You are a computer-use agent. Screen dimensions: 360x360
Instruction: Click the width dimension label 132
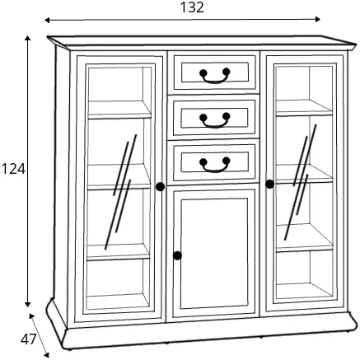click(192, 7)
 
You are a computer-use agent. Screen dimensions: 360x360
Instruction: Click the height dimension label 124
click(13, 169)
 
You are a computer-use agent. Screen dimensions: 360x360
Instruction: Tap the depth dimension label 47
click(28, 339)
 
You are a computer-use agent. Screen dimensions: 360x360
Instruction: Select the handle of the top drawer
click(215, 75)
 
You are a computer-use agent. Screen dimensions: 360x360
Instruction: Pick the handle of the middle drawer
click(215, 120)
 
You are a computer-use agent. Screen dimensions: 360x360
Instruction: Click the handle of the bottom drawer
click(215, 165)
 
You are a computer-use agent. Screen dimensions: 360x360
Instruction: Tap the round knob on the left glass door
click(160, 187)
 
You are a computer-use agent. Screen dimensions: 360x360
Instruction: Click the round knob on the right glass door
click(269, 184)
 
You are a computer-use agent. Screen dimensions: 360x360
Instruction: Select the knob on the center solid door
click(177, 255)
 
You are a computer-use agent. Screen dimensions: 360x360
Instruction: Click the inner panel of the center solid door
click(214, 254)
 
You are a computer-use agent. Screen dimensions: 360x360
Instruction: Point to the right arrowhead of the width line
click(317, 19)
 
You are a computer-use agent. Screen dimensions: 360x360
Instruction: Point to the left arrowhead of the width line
click(47, 20)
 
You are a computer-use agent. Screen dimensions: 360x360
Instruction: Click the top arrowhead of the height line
click(27, 38)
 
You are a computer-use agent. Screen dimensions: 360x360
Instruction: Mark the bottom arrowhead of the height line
click(27, 304)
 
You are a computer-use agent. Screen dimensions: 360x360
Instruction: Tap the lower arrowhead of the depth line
click(46, 355)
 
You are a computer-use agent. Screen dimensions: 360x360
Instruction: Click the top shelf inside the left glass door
click(119, 110)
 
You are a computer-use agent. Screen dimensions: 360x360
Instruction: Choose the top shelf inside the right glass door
click(304, 108)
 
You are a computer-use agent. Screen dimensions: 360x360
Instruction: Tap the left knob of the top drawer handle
click(203, 73)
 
